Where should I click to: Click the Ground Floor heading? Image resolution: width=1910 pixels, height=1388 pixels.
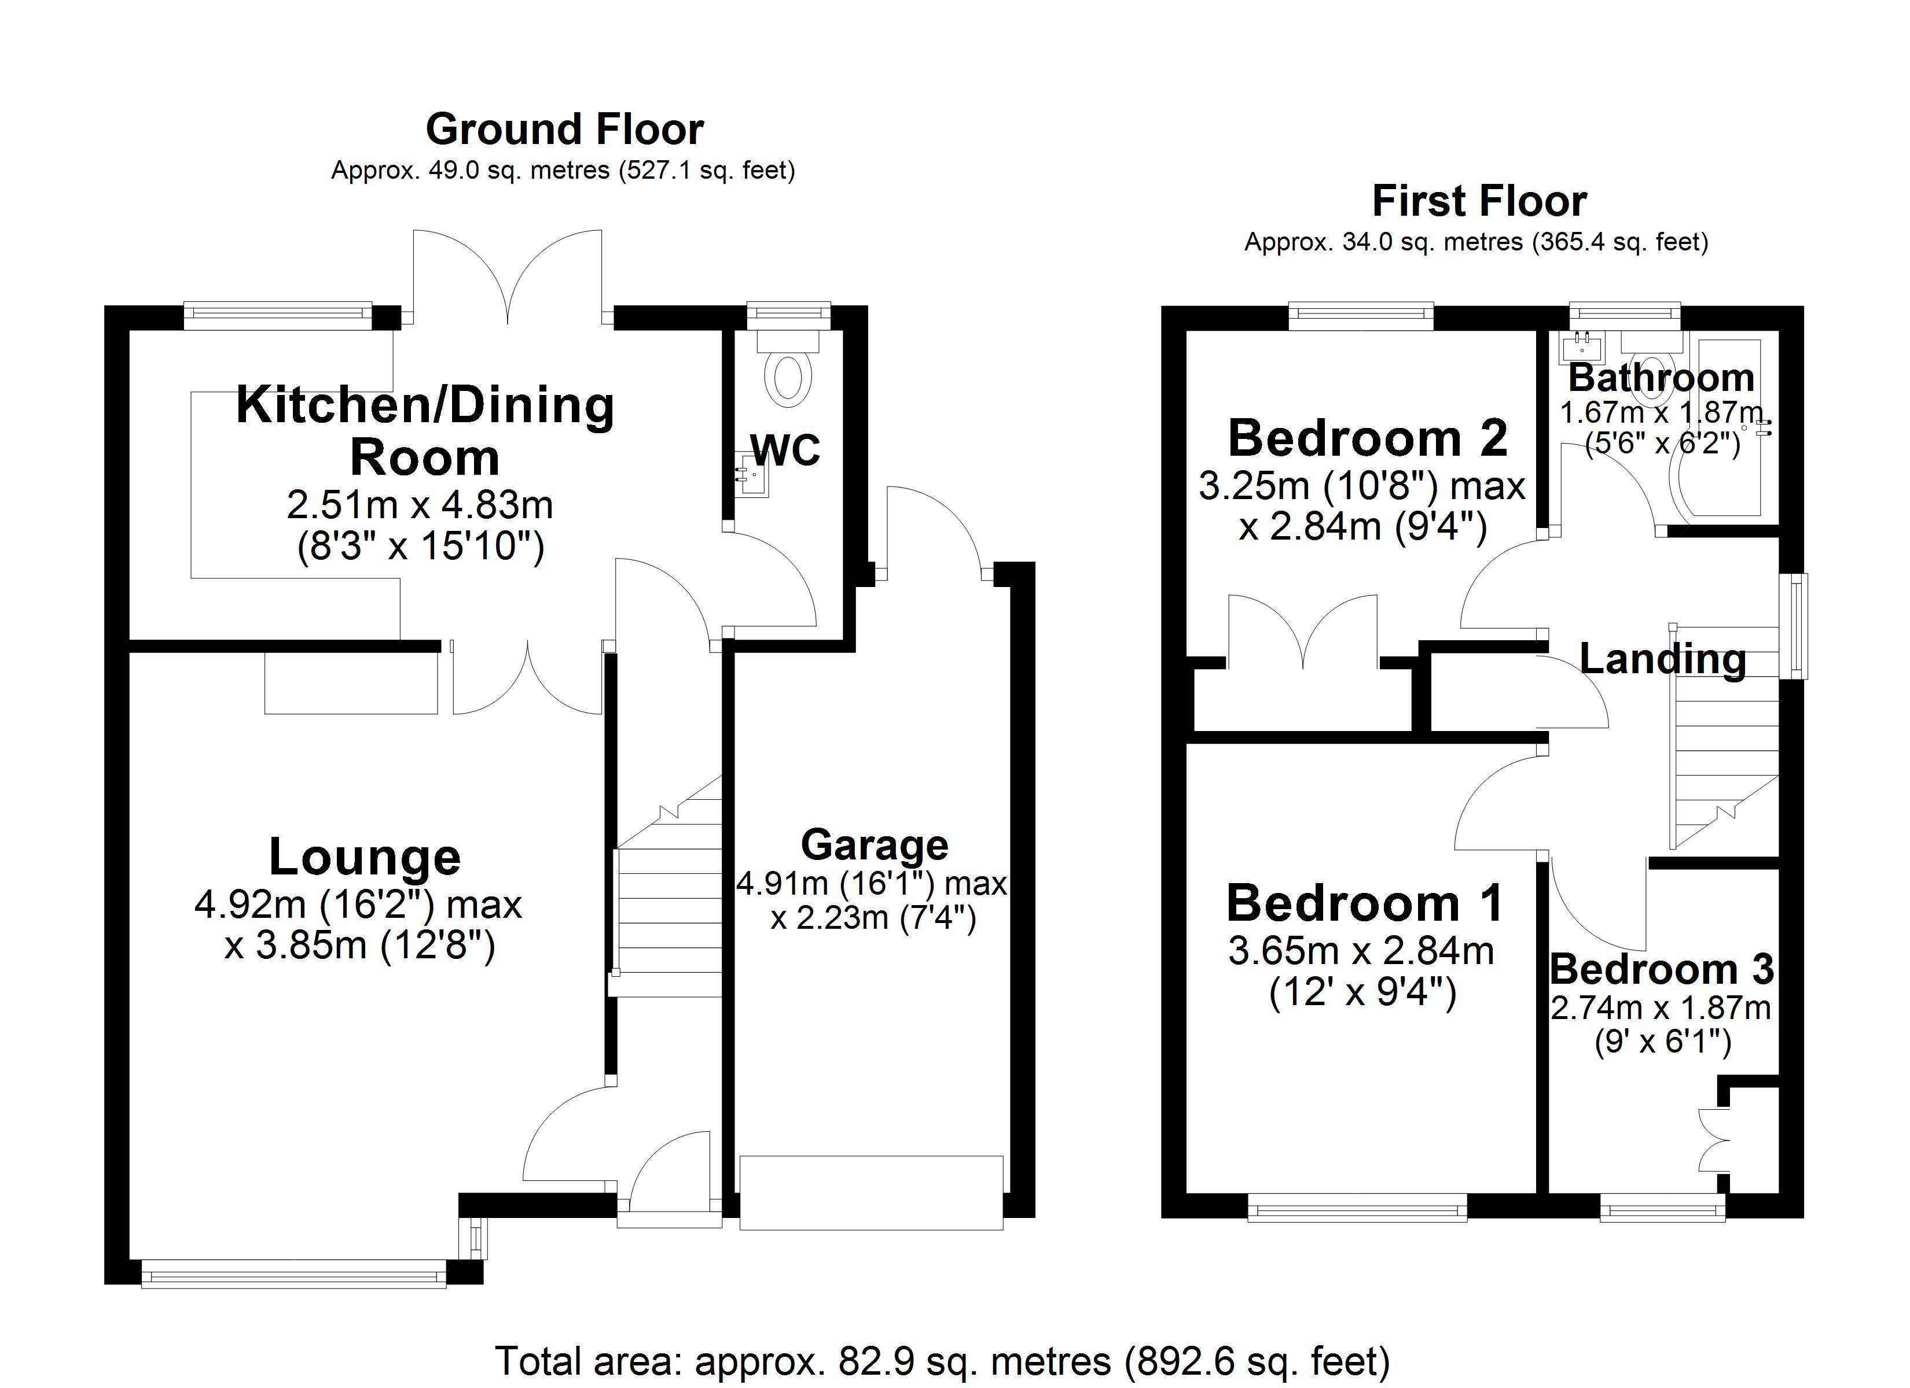(564, 130)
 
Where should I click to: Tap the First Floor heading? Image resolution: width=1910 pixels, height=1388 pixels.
(1479, 201)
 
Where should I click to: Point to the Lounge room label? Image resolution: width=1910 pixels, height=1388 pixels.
(365, 857)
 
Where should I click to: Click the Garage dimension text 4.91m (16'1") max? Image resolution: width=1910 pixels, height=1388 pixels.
(872, 884)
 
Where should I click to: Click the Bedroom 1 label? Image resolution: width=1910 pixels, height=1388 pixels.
(1364, 903)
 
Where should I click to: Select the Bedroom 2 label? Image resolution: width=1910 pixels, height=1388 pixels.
(1368, 438)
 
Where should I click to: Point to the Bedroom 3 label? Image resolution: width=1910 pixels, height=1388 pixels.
(1662, 970)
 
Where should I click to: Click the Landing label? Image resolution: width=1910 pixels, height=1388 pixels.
(1662, 659)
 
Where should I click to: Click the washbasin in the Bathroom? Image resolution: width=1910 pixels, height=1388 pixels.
(1582, 346)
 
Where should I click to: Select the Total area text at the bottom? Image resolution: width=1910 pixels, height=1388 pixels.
(942, 1361)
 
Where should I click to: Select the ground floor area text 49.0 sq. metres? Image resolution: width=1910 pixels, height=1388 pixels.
(563, 171)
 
